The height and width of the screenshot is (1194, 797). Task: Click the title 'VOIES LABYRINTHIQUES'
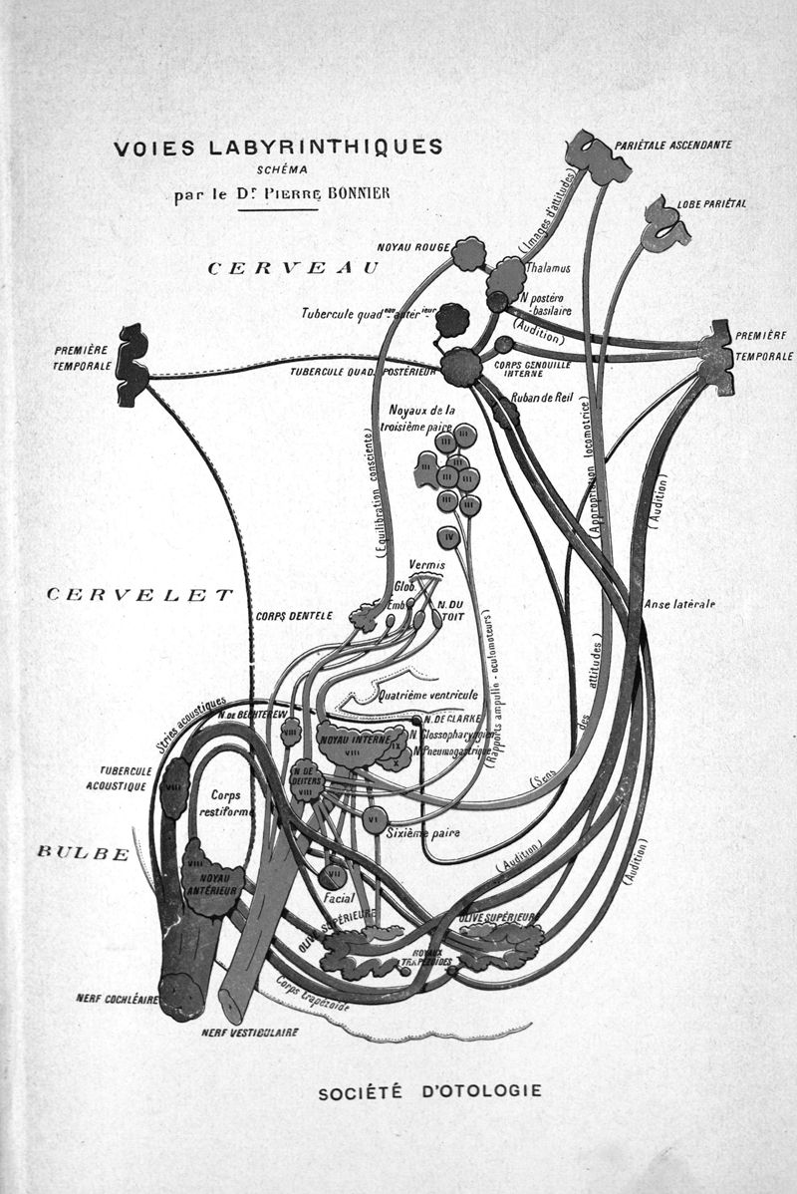click(278, 148)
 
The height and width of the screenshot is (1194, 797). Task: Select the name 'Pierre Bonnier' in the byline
click(336, 193)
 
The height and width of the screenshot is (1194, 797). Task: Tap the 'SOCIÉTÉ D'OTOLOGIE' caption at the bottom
click(429, 1090)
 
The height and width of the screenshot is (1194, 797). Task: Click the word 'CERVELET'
click(140, 595)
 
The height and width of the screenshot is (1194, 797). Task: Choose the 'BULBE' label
click(83, 852)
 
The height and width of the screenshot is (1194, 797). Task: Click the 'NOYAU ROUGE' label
click(413, 246)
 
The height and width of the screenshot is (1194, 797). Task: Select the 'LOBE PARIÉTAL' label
click(711, 203)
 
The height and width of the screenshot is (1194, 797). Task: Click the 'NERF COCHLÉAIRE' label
click(117, 998)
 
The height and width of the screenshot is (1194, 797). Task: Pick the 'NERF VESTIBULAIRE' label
click(249, 1033)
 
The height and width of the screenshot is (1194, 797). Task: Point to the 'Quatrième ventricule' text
click(428, 696)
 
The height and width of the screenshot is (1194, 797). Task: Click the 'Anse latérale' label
click(680, 604)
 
